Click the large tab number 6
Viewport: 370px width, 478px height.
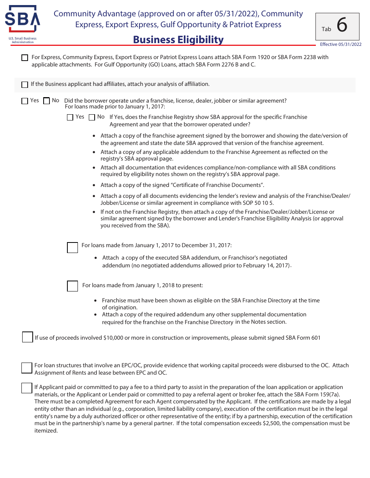coord(342,25)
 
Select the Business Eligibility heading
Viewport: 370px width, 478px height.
coord(178,40)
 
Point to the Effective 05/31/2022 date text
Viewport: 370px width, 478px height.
coord(340,44)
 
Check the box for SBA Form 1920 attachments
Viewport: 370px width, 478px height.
coord(25,58)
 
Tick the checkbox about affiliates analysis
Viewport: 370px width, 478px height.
coord(25,84)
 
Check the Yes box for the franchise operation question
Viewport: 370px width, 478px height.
coord(25,101)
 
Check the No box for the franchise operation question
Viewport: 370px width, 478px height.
coord(47,101)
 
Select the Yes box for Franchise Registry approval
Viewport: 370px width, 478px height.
coord(70,117)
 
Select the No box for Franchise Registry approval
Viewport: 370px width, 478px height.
coord(92,117)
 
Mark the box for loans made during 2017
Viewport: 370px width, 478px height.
coord(72,248)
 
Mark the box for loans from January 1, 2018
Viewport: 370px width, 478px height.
coord(72,286)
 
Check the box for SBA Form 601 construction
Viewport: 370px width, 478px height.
coord(27,337)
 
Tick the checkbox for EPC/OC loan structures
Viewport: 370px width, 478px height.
coord(26,368)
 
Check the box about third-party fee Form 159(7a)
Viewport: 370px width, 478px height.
coord(26,388)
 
